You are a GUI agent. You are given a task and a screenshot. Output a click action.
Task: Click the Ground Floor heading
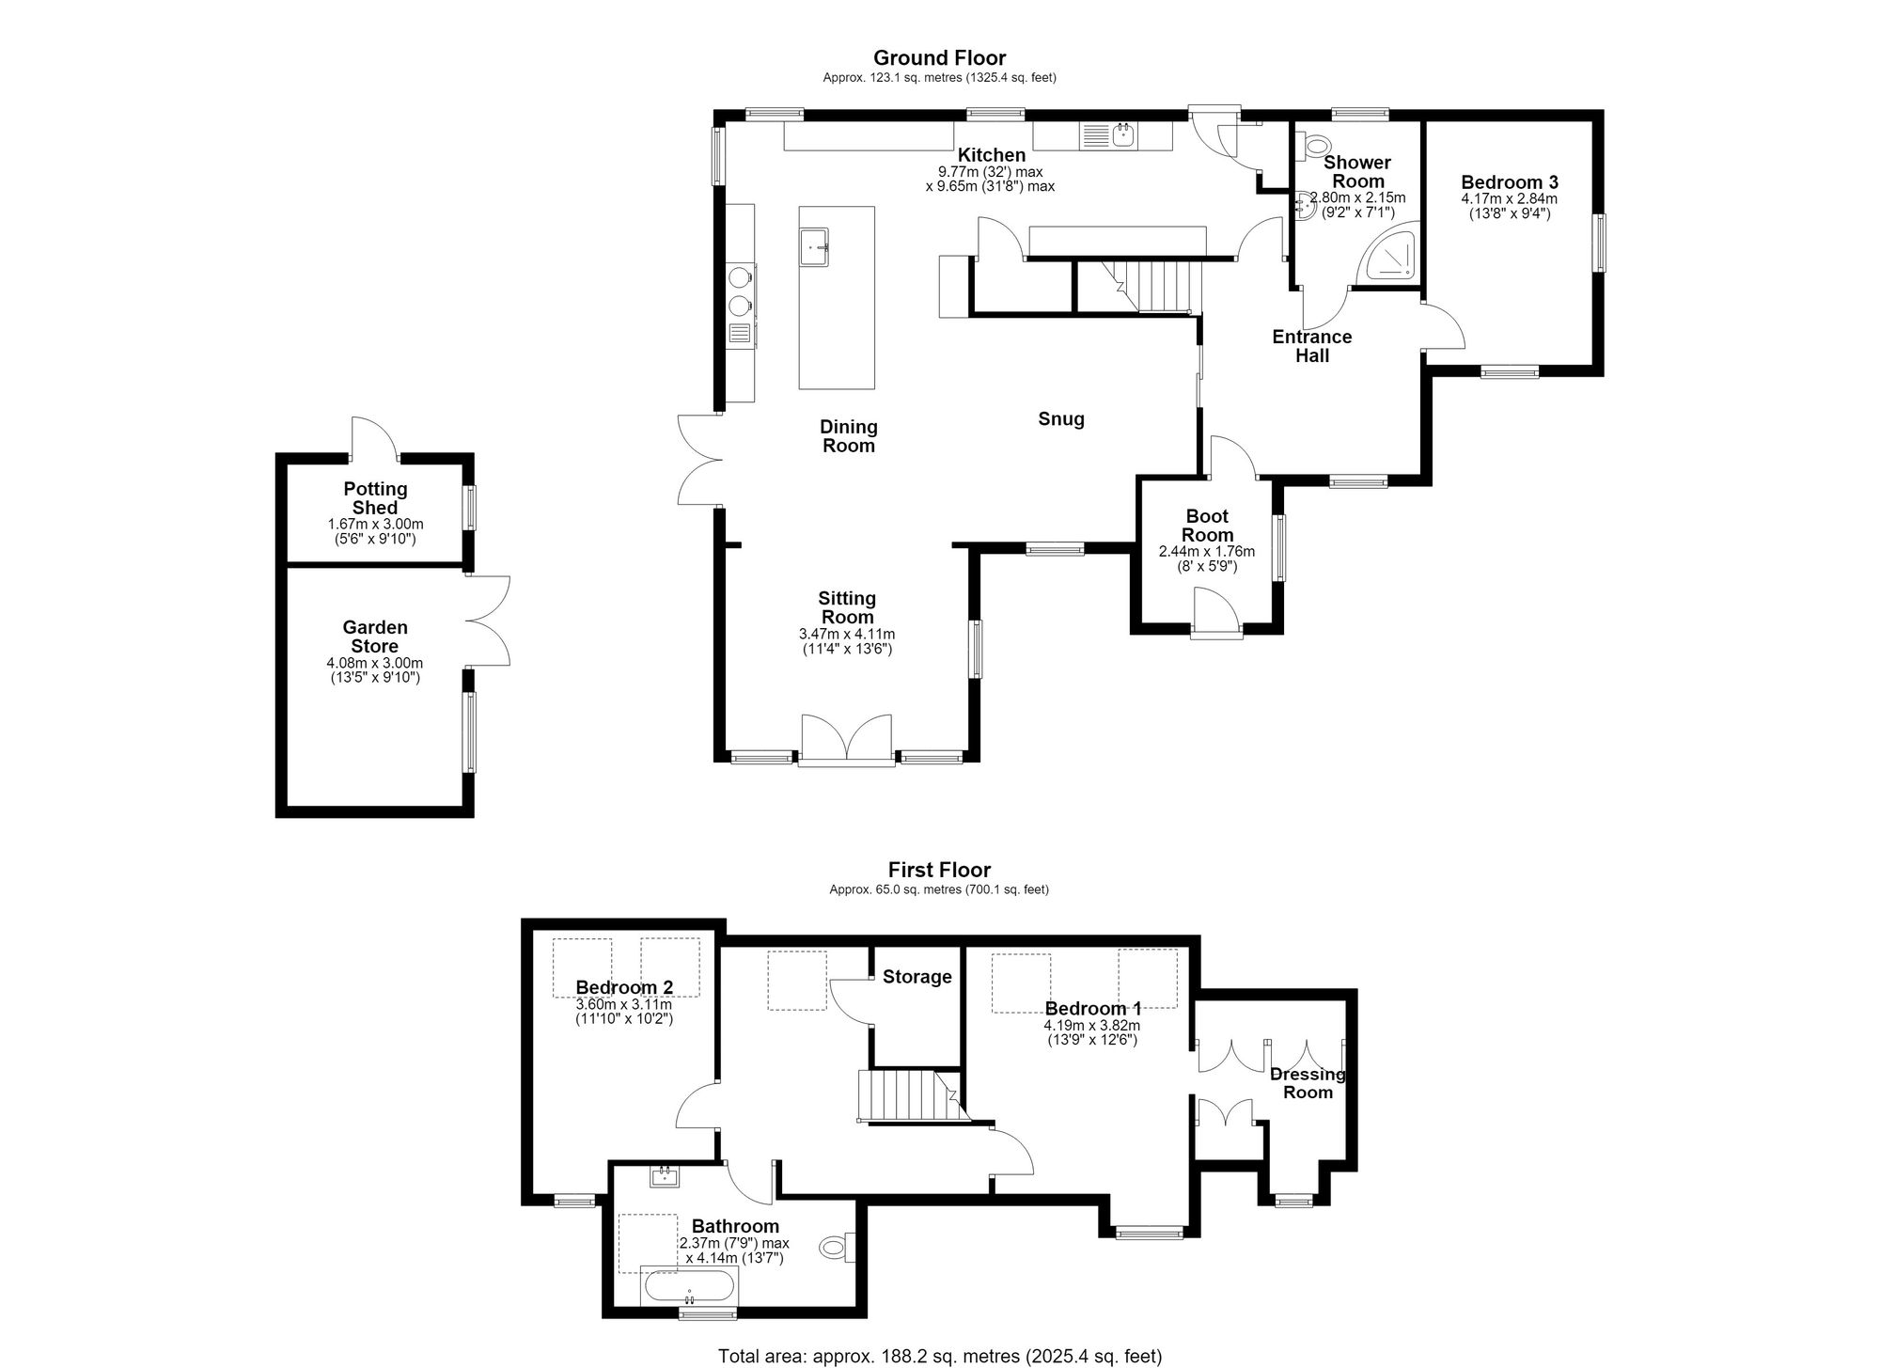click(x=939, y=58)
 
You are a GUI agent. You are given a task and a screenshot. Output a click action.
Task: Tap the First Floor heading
click(x=939, y=871)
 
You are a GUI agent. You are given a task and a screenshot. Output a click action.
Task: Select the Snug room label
click(x=1061, y=419)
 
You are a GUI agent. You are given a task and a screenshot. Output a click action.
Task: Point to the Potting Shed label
click(x=375, y=498)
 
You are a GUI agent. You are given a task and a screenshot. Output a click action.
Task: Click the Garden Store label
click(x=375, y=637)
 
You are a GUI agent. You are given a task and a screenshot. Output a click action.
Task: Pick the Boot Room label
click(x=1208, y=526)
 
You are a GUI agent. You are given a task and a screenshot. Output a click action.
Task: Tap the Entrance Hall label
click(x=1312, y=346)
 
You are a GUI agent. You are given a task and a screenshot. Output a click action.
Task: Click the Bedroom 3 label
click(x=1510, y=182)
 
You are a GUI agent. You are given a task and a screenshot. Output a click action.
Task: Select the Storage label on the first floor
click(x=917, y=977)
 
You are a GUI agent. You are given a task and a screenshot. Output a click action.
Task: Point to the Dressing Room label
click(x=1308, y=1083)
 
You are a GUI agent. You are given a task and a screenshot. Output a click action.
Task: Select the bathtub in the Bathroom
click(x=689, y=1286)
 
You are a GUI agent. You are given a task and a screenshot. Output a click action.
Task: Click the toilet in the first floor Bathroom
click(x=837, y=1248)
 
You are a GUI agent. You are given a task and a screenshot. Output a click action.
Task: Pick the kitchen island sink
click(x=813, y=247)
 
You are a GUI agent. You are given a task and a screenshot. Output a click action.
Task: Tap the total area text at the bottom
click(x=939, y=1357)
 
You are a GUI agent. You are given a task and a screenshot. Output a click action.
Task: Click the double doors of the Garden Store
click(x=488, y=621)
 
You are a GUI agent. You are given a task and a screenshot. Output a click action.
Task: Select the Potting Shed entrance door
click(x=375, y=437)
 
